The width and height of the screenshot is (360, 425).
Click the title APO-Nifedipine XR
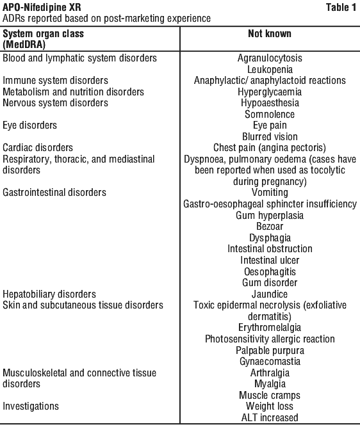coord(42,7)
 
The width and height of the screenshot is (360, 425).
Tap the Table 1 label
coord(341,7)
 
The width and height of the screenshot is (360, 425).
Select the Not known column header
coord(270,34)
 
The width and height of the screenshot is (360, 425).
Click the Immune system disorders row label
coord(55,81)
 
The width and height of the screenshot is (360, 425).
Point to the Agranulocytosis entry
coord(270,58)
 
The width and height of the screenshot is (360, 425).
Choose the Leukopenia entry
coord(270,69)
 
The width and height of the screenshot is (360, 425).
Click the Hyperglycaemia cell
coord(270,92)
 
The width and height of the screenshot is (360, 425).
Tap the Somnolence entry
coord(270,114)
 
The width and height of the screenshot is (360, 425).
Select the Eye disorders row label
coord(30,125)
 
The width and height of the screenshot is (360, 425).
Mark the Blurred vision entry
coord(270,136)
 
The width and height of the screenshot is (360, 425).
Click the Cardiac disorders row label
coord(38,148)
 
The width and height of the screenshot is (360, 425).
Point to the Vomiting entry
coord(270,193)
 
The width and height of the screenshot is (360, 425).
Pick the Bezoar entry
coord(270,227)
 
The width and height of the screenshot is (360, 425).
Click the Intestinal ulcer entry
coord(270,261)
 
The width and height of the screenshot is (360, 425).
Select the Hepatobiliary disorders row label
coord(49,294)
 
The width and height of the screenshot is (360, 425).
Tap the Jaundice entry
coord(270,294)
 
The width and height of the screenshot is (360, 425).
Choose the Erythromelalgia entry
coord(270,328)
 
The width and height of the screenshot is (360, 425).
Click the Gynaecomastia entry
coord(270,361)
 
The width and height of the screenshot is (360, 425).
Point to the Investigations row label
coord(31,406)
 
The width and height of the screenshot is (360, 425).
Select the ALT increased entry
coord(270,417)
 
